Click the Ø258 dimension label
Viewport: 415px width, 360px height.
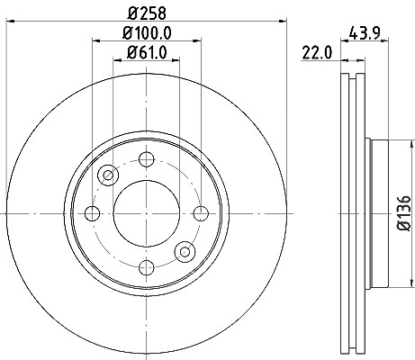[x=147, y=13]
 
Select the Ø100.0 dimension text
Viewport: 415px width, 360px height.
[x=147, y=33]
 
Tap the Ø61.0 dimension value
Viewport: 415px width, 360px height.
[x=147, y=53]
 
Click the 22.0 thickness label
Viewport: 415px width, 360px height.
[x=317, y=53]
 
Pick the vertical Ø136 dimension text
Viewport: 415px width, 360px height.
[x=404, y=213]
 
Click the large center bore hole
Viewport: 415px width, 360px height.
[x=147, y=213]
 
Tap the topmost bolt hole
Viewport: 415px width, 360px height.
[x=147, y=159]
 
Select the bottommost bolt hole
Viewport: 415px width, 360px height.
[x=147, y=267]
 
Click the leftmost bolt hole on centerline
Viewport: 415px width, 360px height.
[x=92, y=213]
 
